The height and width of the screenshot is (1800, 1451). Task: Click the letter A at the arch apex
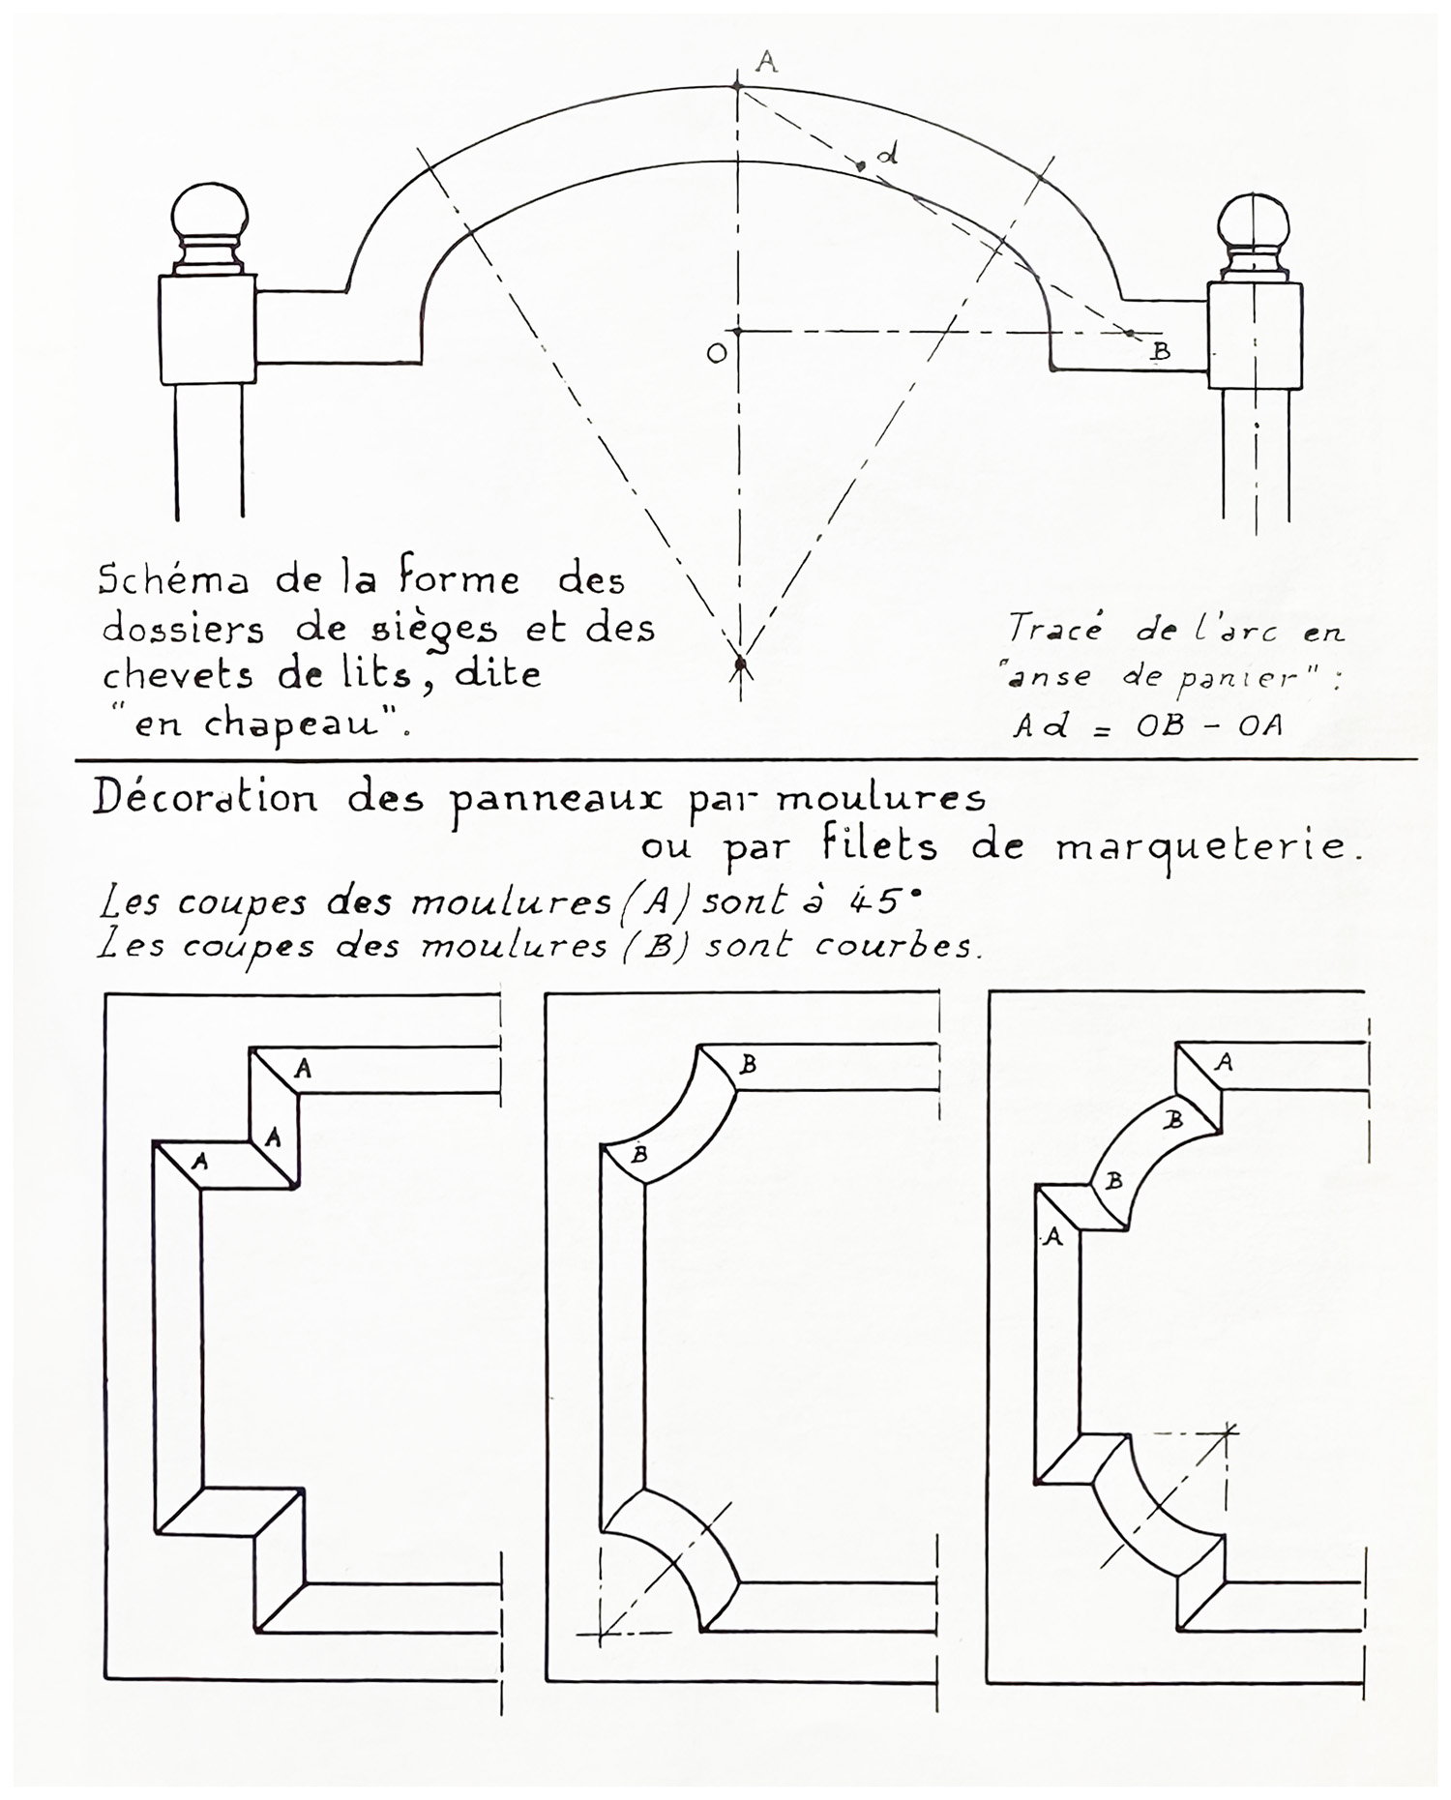pyautogui.click(x=766, y=63)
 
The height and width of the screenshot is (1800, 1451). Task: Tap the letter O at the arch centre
pyautogui.click(x=717, y=353)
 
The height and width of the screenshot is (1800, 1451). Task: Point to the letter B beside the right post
pyautogui.click(x=1161, y=352)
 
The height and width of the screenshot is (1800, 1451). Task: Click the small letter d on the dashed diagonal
pyautogui.click(x=888, y=153)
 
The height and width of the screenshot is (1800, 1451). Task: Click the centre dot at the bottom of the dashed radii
pyautogui.click(x=740, y=664)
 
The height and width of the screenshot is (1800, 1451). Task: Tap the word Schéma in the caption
pyautogui.click(x=173, y=580)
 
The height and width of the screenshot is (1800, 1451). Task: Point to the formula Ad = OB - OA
pyautogui.click(x=1148, y=725)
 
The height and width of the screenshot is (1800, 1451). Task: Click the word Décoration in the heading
pyautogui.click(x=205, y=800)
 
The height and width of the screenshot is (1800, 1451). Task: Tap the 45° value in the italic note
pyautogui.click(x=882, y=901)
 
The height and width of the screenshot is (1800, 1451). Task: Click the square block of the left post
pyautogui.click(x=208, y=329)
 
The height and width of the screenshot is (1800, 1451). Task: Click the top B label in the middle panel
pyautogui.click(x=748, y=1065)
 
